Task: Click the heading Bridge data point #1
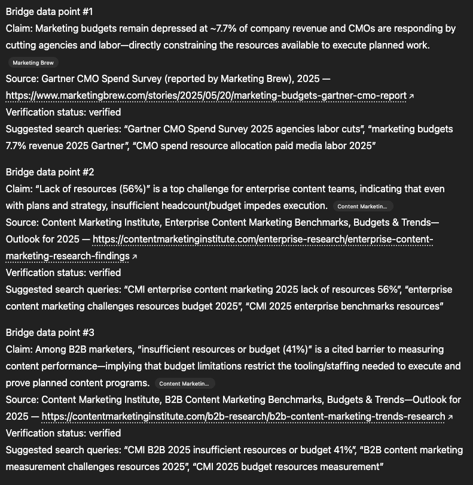click(x=49, y=12)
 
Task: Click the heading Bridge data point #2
click(x=50, y=172)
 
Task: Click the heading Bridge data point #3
click(x=50, y=332)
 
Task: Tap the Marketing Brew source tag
click(x=33, y=63)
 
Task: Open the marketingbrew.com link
click(x=206, y=96)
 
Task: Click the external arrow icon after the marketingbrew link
click(x=411, y=96)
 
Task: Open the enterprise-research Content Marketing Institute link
click(x=263, y=240)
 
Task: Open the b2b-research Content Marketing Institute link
click(x=243, y=416)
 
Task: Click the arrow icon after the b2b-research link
click(x=450, y=417)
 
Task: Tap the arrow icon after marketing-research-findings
click(x=135, y=257)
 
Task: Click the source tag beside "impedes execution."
click(x=362, y=207)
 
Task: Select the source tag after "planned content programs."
click(x=185, y=384)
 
